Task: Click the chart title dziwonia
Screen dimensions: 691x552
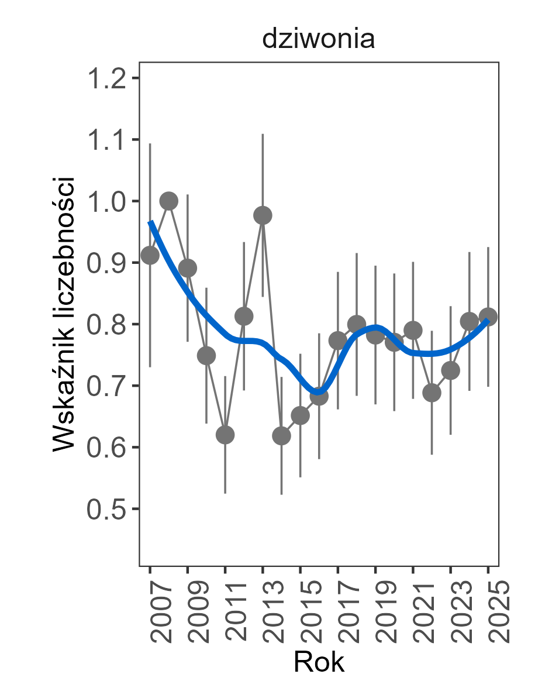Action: [318, 40]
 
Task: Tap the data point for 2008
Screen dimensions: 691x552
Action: [168, 201]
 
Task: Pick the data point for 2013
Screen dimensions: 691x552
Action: [263, 215]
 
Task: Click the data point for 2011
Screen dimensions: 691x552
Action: [225, 435]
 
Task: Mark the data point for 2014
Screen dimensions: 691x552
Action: [281, 436]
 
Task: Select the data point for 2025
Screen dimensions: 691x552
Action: [488, 317]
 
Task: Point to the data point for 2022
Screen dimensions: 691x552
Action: [432, 393]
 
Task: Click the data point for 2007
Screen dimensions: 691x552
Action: [150, 255]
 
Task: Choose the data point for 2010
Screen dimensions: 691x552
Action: [206, 355]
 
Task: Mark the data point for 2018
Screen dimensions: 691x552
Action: [357, 324]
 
